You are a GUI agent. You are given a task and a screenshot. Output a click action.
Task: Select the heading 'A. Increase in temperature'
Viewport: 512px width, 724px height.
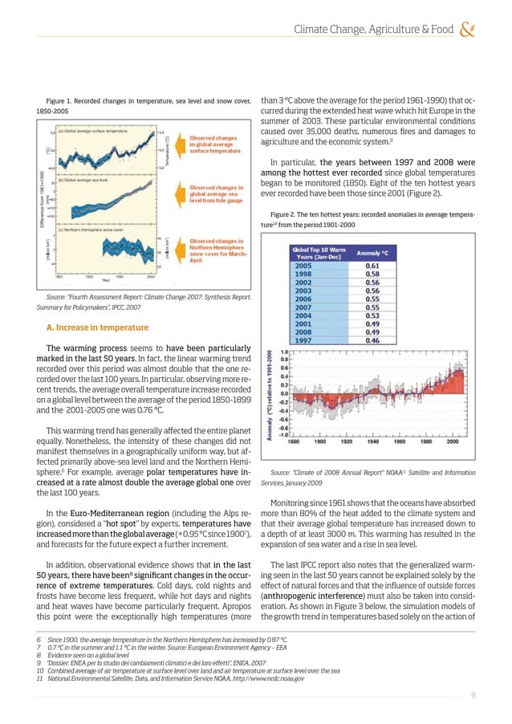click(x=97, y=327)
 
